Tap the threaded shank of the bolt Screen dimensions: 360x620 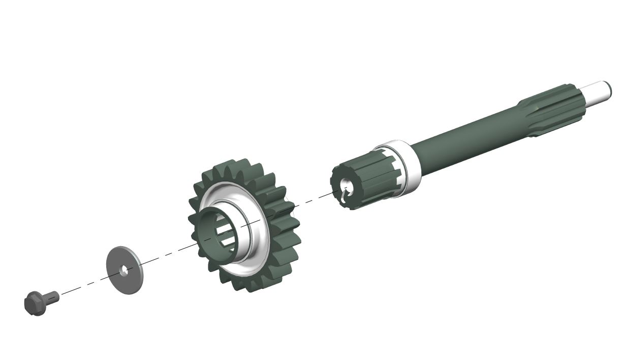pos(52,295)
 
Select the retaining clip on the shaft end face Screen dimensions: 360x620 pos(347,192)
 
